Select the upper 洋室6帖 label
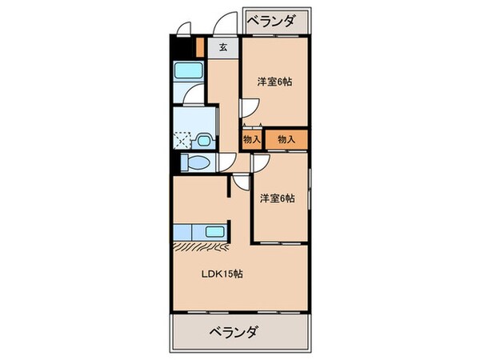tap(274, 82)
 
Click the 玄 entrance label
tap(223, 46)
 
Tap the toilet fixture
tap(194, 163)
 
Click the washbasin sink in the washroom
tap(202, 141)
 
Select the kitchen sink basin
tap(214, 232)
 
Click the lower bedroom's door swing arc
tap(260, 162)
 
